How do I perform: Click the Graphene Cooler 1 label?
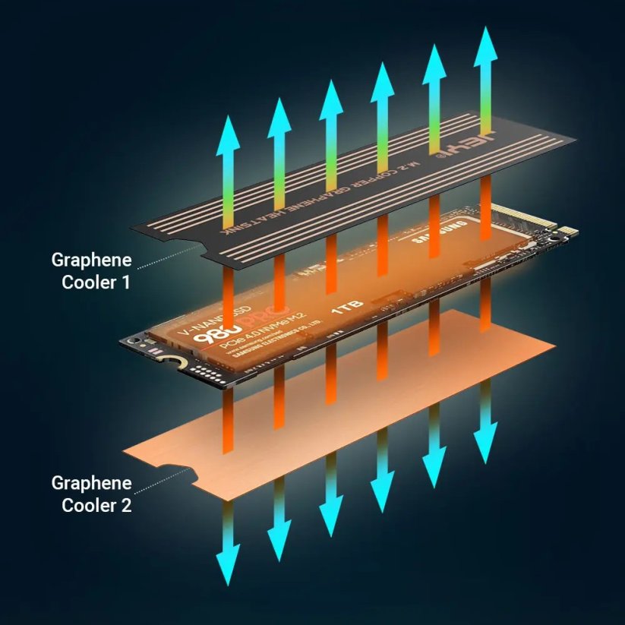click(x=91, y=271)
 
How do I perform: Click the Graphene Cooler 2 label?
click(x=91, y=494)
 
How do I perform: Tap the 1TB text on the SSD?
click(x=347, y=307)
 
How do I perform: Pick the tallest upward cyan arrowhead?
click(x=485, y=46)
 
